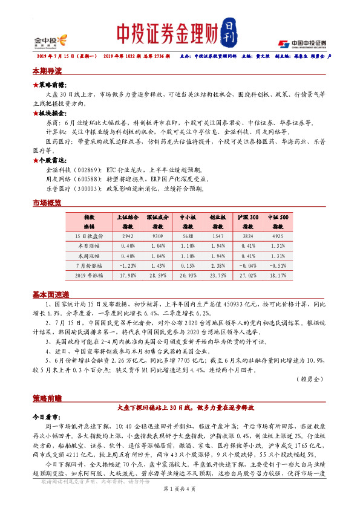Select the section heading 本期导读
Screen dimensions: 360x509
pyautogui.click(x=47, y=71)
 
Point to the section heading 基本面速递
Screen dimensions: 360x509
pyautogui.click(x=51, y=294)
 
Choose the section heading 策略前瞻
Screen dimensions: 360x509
pyautogui.click(x=47, y=399)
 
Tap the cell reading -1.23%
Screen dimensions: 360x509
pyautogui.click(x=128, y=265)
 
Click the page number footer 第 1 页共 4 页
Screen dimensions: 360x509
pyautogui.click(x=180, y=504)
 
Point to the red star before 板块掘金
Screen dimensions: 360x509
pyautogui.click(x=35, y=113)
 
